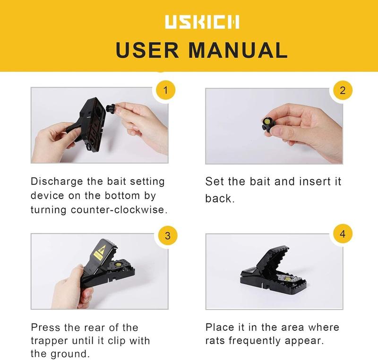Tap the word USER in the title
pos(145,50)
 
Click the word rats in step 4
pos(216,341)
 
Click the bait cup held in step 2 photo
pos(265,124)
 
